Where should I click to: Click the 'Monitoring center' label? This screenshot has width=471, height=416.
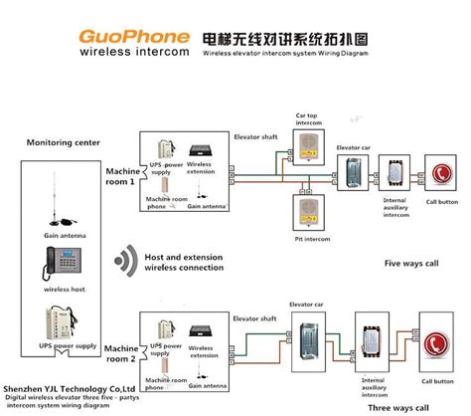pos(64,142)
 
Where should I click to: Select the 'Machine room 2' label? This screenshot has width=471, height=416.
pos(120,350)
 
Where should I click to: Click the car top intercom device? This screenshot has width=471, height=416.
pos(306,141)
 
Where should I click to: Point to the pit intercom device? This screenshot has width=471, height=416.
pos(306,212)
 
